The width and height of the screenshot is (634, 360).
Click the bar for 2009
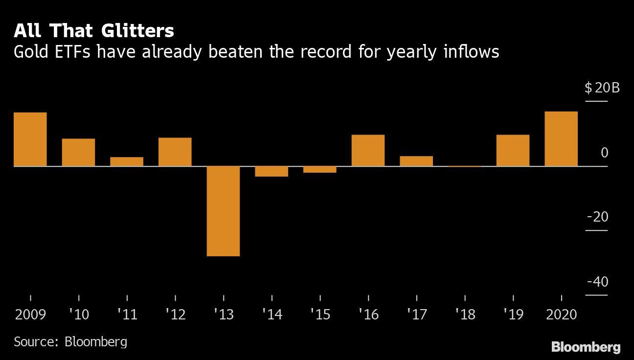30,139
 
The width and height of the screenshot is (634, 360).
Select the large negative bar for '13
223,211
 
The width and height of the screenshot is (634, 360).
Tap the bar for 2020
561,139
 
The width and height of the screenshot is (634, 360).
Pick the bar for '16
368,150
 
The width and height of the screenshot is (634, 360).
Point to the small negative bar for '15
319,169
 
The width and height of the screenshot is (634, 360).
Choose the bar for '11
127,161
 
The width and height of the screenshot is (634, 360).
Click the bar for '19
513,150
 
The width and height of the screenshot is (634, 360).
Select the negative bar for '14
272,171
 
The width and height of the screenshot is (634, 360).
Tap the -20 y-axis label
597,217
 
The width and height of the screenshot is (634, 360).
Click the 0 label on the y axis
604,153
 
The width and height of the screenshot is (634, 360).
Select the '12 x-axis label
175,315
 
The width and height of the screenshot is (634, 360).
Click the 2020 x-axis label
561,315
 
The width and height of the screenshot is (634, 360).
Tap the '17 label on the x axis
416,315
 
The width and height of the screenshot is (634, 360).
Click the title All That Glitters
94,31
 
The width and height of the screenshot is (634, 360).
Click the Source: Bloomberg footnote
70,341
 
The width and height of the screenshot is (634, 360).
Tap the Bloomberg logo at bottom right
586,347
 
